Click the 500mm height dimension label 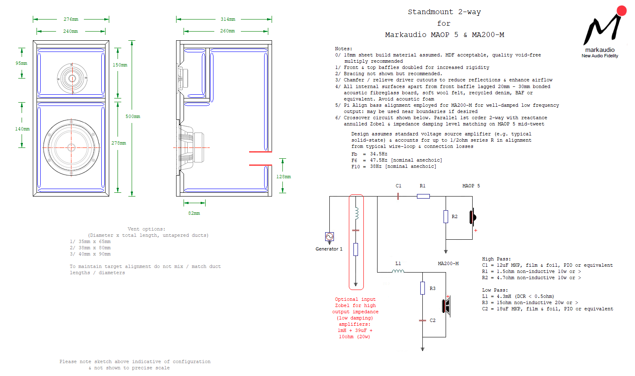click(x=133, y=117)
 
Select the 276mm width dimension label click(x=71, y=20)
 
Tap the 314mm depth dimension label click(x=228, y=20)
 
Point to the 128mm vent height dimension click(x=284, y=177)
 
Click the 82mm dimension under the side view click(x=194, y=214)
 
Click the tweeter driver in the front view click(x=72, y=78)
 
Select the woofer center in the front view click(x=71, y=147)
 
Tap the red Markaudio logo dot click(x=621, y=10)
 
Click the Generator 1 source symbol click(x=329, y=237)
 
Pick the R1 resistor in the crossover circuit click(x=423, y=196)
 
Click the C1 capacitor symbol click(x=398, y=196)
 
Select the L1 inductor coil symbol click(x=398, y=272)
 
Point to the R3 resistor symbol click(x=422, y=288)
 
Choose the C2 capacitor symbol click(x=422, y=321)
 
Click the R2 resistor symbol click(x=446, y=216)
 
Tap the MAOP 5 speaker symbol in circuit click(x=473, y=217)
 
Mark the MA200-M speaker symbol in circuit click(x=447, y=306)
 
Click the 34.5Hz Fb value click(x=379, y=154)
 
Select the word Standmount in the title click(x=430, y=12)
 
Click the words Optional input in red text click(x=355, y=300)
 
